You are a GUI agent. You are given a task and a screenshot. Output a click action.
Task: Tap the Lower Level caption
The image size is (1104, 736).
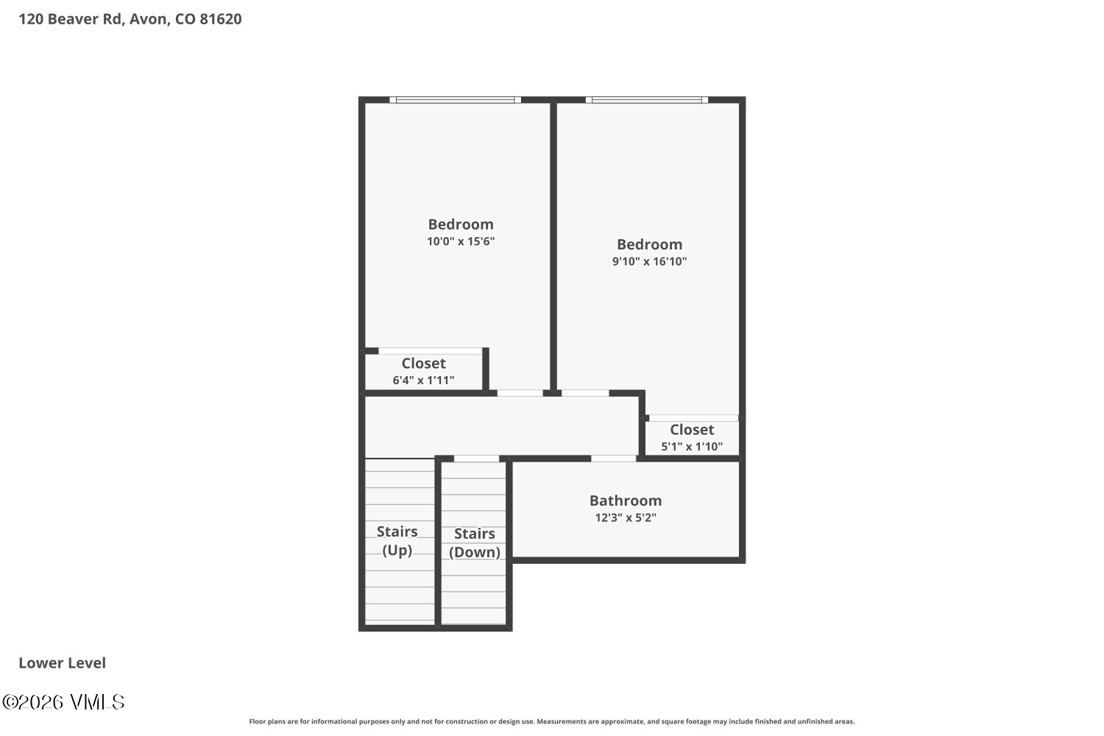(62, 663)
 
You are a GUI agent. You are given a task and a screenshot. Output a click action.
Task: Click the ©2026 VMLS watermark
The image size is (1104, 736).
(63, 702)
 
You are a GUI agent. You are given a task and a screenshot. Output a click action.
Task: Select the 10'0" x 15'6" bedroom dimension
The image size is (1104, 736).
(461, 241)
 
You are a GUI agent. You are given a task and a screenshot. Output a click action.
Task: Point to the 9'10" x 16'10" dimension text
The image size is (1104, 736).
(649, 261)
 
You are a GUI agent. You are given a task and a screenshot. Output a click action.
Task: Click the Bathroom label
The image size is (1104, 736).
(625, 500)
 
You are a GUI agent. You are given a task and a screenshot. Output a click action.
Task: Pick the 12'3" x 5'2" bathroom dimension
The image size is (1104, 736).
(625, 517)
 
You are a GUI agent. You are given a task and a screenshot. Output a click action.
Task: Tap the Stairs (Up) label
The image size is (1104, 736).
(397, 540)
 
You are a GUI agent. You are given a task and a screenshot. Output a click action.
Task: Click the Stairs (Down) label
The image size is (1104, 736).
(474, 543)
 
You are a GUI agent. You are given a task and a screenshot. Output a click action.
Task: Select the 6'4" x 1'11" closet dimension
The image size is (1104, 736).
(423, 381)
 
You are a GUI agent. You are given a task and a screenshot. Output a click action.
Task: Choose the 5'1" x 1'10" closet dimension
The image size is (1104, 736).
(691, 447)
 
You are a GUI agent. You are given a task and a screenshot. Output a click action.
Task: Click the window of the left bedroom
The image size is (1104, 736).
(455, 99)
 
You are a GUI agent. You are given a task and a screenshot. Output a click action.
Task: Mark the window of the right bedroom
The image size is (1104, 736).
(647, 99)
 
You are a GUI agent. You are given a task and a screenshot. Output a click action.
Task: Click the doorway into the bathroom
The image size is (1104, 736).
(613, 459)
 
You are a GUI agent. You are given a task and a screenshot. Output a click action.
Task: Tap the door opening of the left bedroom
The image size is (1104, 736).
(520, 393)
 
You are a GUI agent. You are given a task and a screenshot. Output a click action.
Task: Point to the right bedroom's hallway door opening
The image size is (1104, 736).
(585, 393)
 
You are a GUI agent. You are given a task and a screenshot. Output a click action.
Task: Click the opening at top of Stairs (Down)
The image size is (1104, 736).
(476, 459)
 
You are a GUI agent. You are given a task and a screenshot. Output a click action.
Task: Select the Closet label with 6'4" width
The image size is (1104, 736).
(423, 364)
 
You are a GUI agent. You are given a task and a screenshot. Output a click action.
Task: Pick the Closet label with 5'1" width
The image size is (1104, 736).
(691, 430)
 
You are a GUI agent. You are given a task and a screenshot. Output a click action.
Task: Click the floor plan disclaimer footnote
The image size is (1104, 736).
(551, 722)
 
